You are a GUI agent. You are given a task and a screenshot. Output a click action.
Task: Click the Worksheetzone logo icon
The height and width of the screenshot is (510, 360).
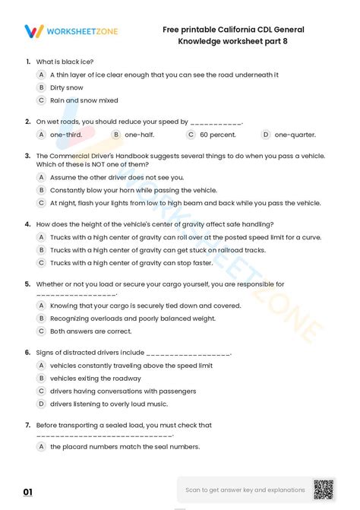coord(34,31)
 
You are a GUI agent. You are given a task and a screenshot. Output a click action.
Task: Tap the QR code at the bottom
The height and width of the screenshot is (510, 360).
coord(324,490)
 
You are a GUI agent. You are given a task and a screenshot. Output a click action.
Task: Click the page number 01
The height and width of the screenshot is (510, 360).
coord(28,493)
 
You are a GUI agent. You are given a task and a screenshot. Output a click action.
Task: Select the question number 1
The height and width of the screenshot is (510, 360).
coord(28,62)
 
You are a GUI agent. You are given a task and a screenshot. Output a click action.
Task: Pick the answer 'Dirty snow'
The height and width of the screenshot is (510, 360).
coord(67,87)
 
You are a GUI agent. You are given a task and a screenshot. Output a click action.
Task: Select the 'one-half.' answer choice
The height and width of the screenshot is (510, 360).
coord(140,135)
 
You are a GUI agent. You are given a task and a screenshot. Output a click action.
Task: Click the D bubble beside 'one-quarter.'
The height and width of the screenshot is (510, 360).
coord(266,135)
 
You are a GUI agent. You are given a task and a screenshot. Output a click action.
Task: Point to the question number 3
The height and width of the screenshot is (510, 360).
coord(28,156)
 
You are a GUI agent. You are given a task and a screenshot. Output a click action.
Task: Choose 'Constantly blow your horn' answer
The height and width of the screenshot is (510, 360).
coord(133,190)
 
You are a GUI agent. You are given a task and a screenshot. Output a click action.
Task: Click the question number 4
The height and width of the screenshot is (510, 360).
coord(28,224)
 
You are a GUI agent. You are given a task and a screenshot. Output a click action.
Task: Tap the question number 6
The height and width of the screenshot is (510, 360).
coord(28,353)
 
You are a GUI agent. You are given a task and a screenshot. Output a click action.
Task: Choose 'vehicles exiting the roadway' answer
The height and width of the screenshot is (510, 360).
coord(95,379)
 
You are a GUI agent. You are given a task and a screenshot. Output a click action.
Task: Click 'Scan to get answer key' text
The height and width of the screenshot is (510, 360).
coord(245,490)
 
